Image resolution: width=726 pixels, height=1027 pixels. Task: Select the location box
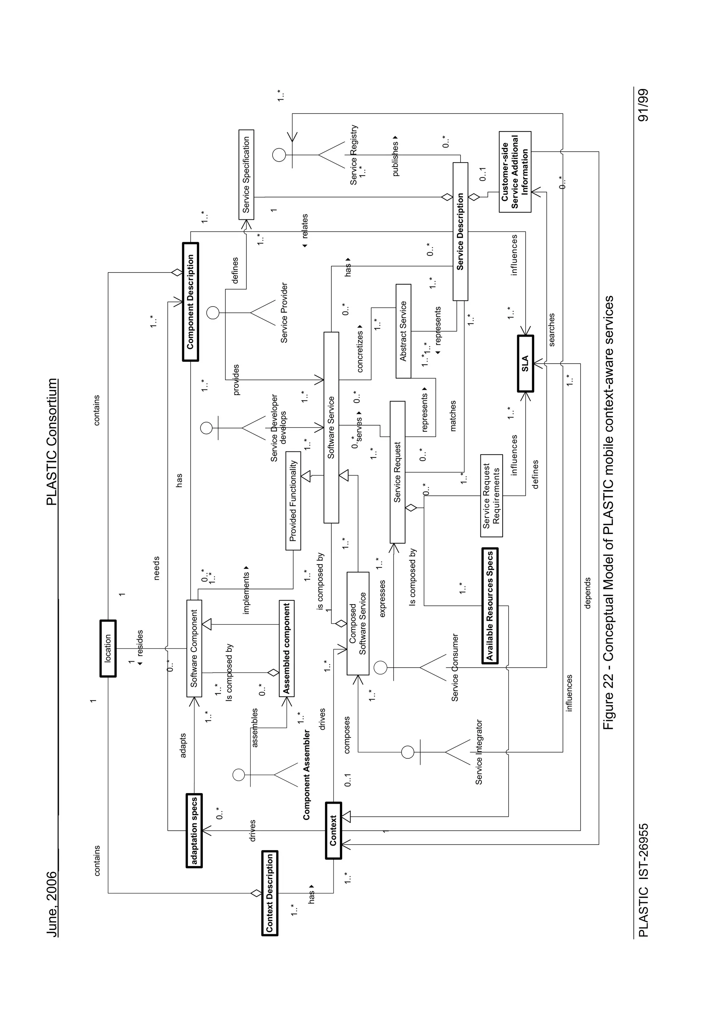click(x=108, y=648)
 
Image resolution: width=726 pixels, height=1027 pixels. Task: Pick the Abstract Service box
click(x=403, y=331)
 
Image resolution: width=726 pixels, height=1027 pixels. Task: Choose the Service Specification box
click(x=246, y=174)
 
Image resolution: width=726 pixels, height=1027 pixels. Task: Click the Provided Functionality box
click(x=293, y=501)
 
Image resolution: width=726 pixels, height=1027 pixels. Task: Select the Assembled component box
click(x=286, y=648)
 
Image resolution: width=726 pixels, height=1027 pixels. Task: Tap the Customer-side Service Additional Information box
click(x=515, y=172)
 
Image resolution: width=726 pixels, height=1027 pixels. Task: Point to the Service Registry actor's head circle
click(x=279, y=155)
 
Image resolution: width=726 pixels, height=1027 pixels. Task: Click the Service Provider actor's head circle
click(x=213, y=312)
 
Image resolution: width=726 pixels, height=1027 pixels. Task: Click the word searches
click(x=552, y=330)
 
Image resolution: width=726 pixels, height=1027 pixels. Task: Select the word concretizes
click(x=360, y=351)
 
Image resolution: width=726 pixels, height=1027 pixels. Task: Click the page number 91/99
click(x=643, y=106)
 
